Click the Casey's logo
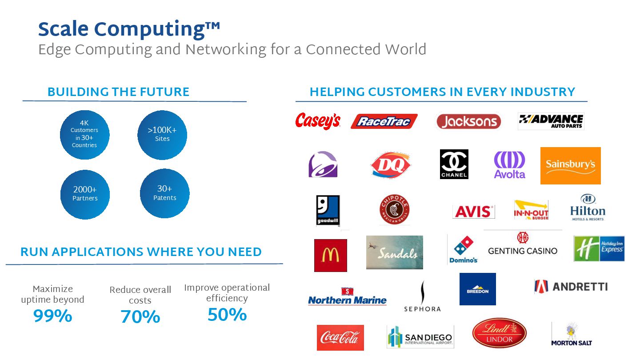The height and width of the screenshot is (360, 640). point(318,121)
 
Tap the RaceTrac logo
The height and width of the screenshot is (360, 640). point(384,121)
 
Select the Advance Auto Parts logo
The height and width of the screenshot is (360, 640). point(551,121)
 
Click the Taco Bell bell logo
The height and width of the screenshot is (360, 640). point(323,164)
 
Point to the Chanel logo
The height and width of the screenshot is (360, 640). point(454,164)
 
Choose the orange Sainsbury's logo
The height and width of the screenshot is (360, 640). point(570,165)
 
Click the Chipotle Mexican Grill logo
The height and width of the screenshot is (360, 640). point(394,210)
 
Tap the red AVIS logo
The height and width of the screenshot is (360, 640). point(473,212)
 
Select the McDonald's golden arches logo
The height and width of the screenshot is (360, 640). point(330,255)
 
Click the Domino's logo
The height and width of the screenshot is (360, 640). point(463,250)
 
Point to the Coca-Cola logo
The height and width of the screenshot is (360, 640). point(340,338)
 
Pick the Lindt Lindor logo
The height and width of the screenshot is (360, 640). point(499,333)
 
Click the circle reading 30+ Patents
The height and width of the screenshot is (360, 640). point(164,193)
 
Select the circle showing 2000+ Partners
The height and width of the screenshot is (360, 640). point(85,194)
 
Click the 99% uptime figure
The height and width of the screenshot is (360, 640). point(52,316)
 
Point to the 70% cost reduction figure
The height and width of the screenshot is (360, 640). point(140,317)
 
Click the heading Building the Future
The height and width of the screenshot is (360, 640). point(118,92)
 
